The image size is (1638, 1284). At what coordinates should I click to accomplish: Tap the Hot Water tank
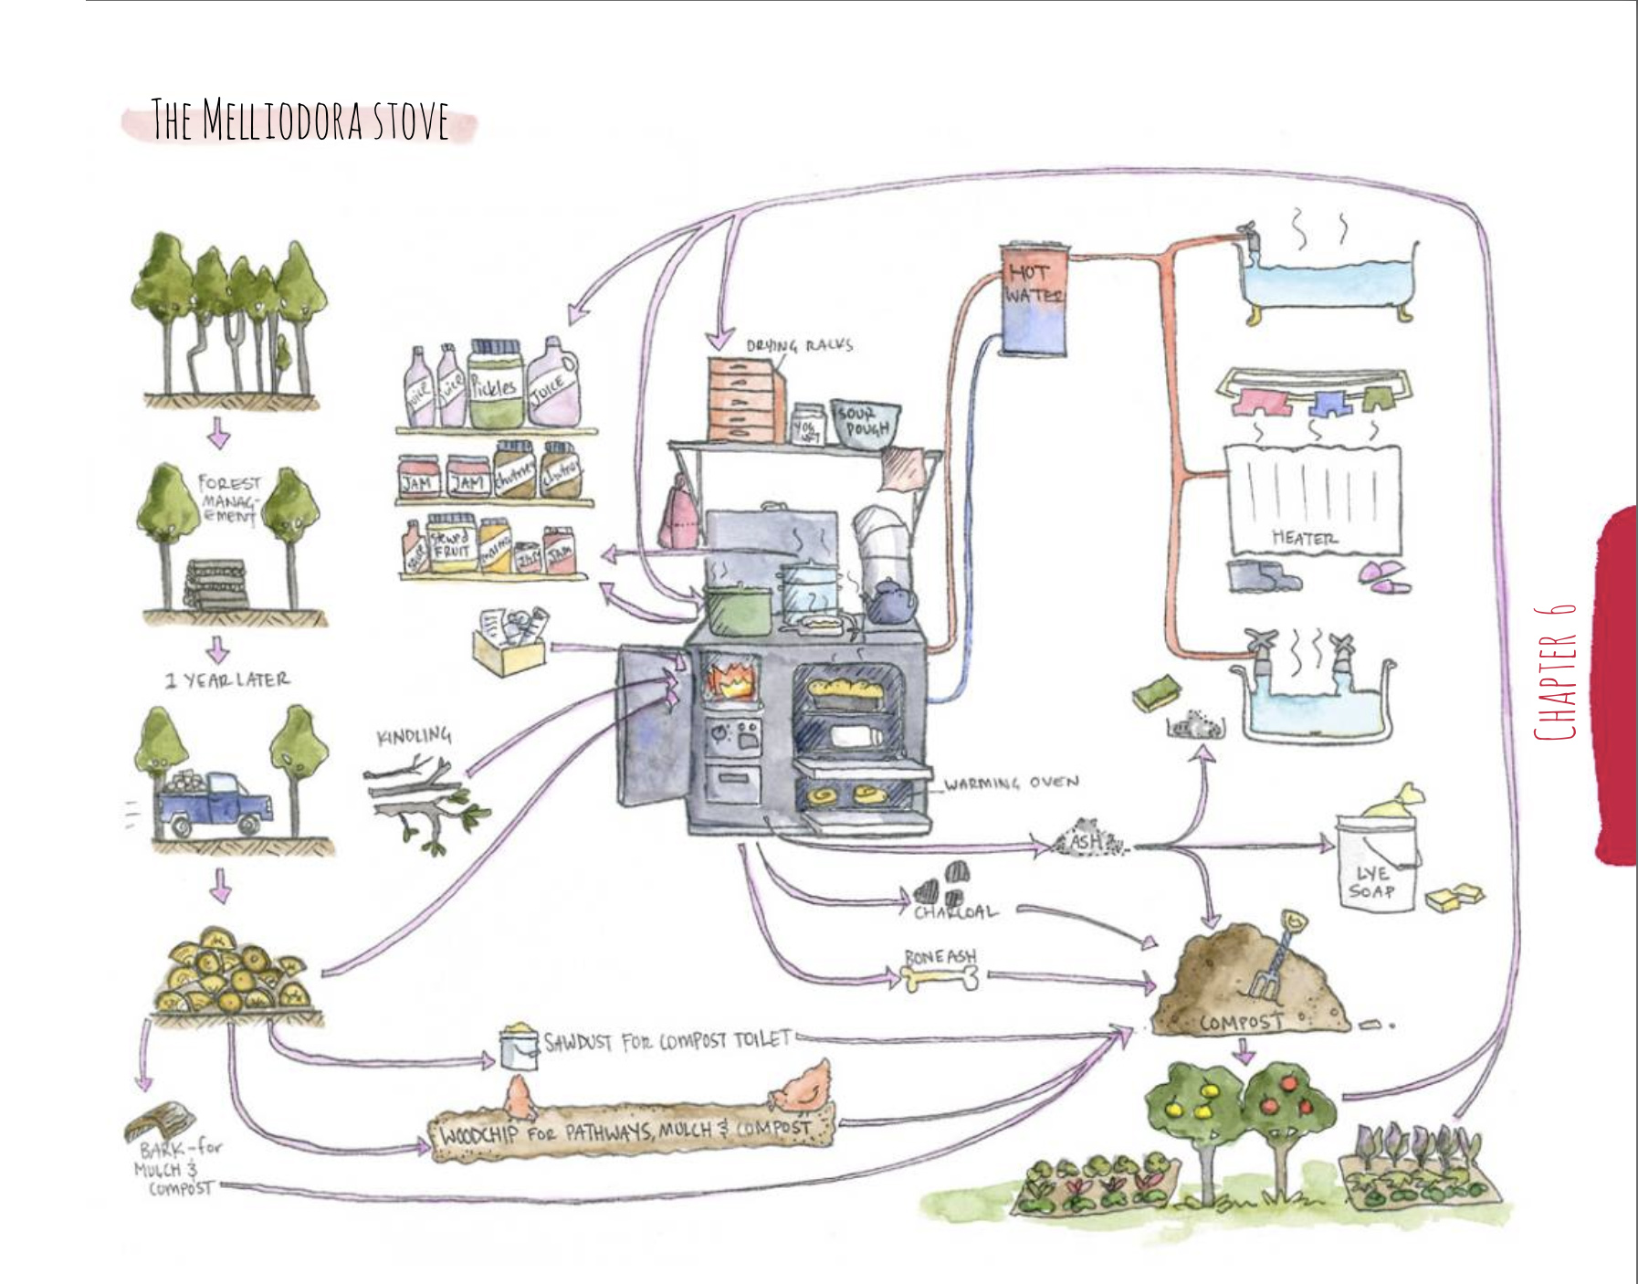pos(1034,299)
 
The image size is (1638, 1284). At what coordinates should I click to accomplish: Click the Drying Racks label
pos(799,345)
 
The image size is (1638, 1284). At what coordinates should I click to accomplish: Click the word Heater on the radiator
pos(1305,539)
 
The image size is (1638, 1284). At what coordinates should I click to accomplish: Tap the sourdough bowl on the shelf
pos(865,423)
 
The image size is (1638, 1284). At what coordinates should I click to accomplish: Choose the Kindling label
pos(414,735)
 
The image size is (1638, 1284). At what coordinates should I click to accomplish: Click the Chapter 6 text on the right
pos(1556,671)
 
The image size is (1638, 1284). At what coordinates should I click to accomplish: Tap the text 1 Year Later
pos(227,680)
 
